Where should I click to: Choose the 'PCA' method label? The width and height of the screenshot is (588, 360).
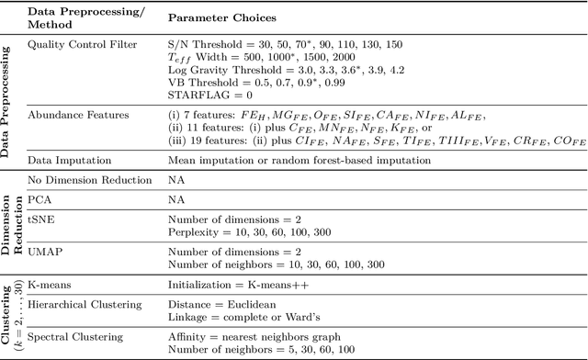point(40,198)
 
